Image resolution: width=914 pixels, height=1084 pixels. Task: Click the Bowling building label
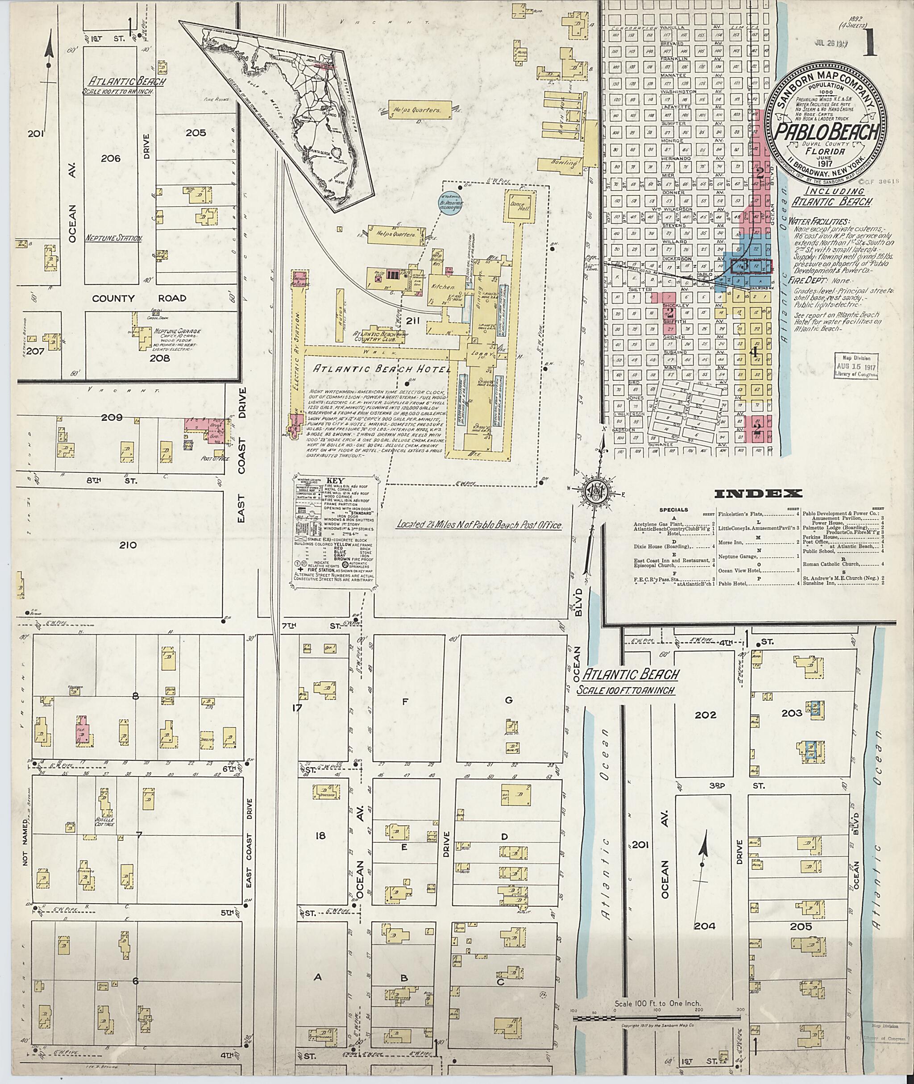tap(565, 163)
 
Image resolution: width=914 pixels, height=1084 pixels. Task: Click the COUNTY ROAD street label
tap(139, 299)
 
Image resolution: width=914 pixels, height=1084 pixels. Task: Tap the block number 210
tap(128, 544)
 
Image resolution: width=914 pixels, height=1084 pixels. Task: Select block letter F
tap(405, 702)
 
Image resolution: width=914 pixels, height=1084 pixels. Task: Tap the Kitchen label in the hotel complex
tap(445, 286)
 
